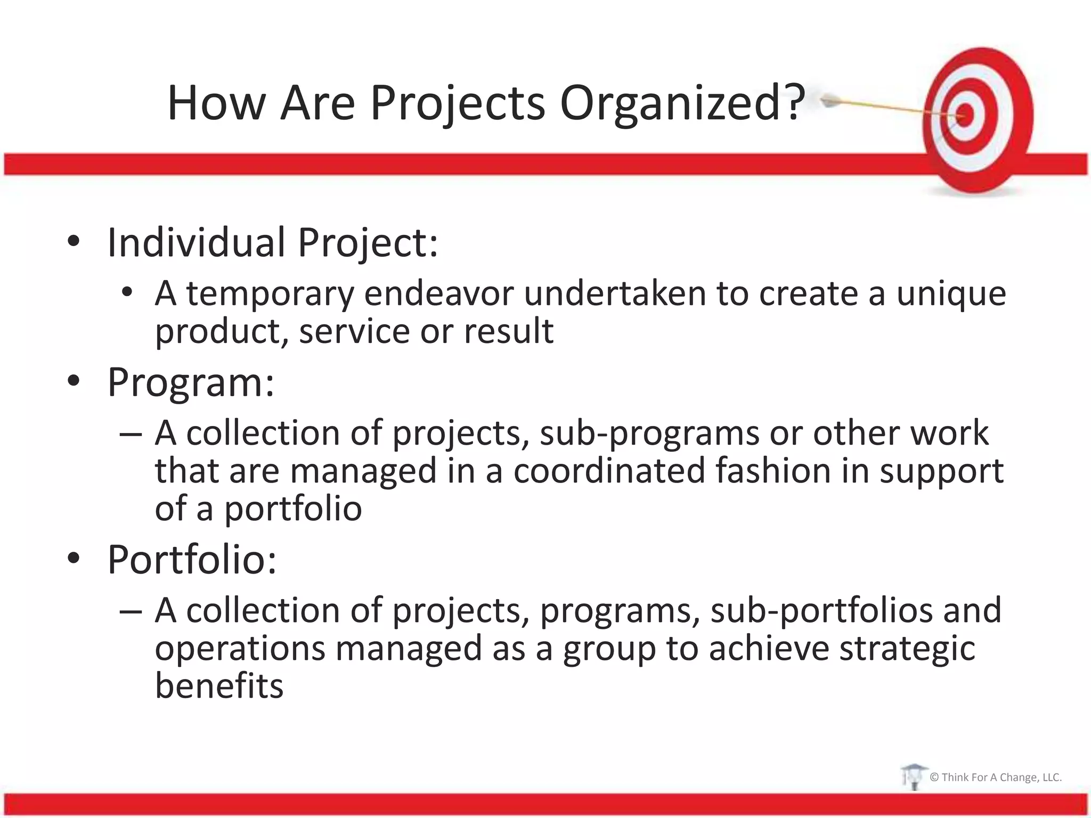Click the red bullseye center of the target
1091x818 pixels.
point(966,114)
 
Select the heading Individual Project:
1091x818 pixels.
point(272,243)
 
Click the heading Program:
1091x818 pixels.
point(191,382)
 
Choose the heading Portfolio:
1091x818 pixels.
point(192,560)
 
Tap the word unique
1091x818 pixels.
point(951,295)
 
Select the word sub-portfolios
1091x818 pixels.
point(821,611)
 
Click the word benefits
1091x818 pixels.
point(219,686)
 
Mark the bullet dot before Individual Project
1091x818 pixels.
point(74,242)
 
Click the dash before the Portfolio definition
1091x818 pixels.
point(131,611)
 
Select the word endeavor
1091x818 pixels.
point(439,295)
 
